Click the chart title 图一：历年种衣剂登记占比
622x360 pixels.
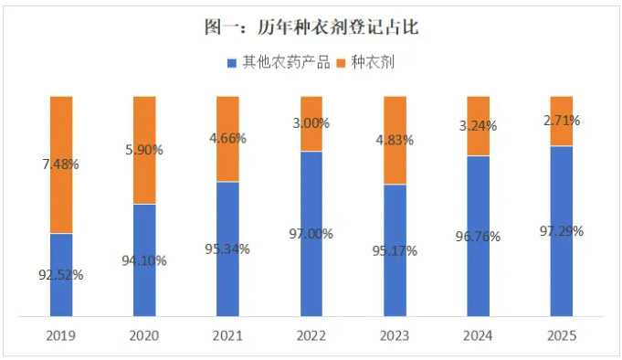pos(311,27)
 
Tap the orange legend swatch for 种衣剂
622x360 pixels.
pos(343,63)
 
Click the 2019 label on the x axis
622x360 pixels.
pos(61,335)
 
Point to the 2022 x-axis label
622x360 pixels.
pos(311,335)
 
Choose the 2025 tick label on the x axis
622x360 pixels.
pos(562,335)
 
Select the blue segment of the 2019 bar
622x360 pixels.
pos(61,292)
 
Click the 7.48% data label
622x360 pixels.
pos(61,165)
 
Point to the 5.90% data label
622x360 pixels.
pos(144,150)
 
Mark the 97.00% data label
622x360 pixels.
pos(311,234)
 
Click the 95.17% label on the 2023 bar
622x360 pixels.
pos(395,249)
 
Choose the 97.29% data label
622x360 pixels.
pos(562,230)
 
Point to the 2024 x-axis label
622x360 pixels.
pos(478,335)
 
